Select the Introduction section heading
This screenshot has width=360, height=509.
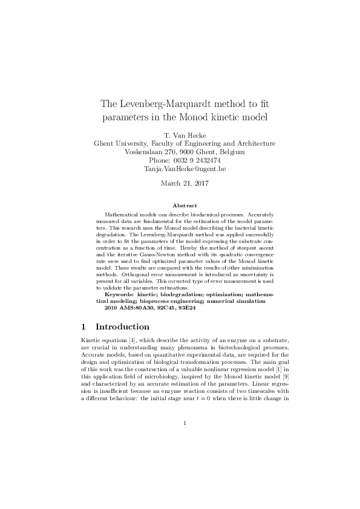click(123, 327)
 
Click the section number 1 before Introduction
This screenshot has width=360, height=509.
click(85, 327)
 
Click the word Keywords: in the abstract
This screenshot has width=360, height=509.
click(120, 294)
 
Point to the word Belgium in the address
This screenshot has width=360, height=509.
click(231, 152)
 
